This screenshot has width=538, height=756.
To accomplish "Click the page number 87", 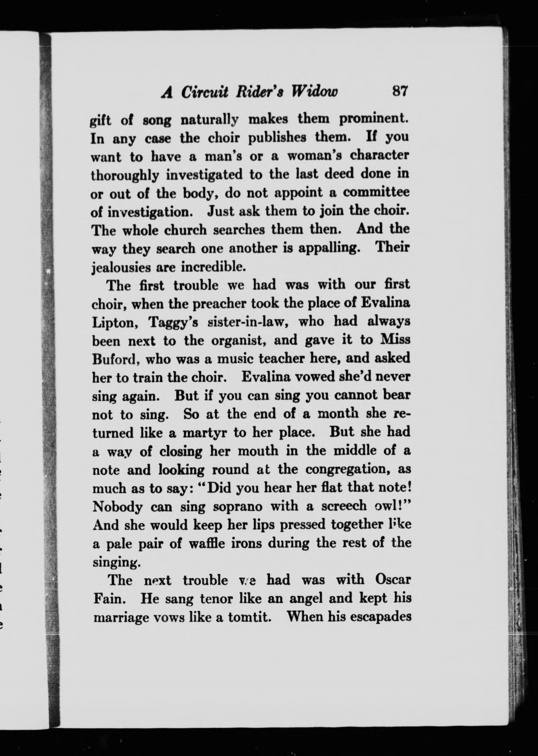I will tap(400, 91).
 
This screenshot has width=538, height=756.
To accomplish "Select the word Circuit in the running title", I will tap(204, 92).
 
